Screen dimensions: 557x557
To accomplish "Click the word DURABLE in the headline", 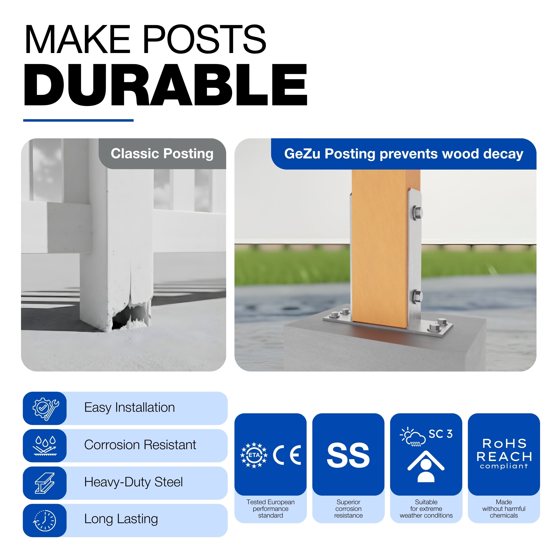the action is (x=166, y=84).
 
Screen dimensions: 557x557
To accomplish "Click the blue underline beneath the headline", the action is (x=78, y=120).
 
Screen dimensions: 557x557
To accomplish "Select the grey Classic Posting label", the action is (x=162, y=154).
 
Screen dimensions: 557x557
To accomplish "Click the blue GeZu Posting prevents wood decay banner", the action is (x=404, y=154).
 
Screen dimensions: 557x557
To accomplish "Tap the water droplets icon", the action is (x=45, y=446).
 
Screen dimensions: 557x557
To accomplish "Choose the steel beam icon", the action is (x=45, y=483).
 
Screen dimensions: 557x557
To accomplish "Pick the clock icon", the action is (x=45, y=520).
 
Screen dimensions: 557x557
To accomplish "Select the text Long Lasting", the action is (x=121, y=519).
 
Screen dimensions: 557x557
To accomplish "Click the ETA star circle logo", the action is (x=254, y=455).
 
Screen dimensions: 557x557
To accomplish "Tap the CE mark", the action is (x=287, y=455).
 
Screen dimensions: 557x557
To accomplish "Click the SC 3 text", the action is (x=440, y=434).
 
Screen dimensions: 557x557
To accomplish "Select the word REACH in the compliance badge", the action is (x=504, y=457).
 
